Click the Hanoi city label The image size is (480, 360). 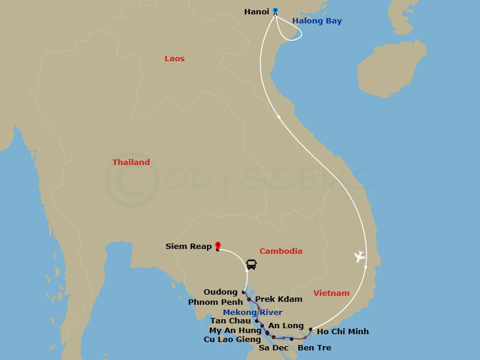click(x=256, y=11)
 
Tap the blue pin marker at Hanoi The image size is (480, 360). click(x=275, y=10)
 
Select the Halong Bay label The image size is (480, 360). click(x=317, y=21)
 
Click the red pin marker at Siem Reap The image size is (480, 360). click(x=217, y=245)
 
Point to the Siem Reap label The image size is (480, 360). click(x=188, y=246)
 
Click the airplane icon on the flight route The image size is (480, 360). click(x=359, y=257)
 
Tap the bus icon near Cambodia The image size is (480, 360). click(x=251, y=264)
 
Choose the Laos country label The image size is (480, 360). click(x=175, y=59)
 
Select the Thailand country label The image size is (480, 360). click(x=131, y=163)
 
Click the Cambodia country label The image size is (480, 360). click(x=281, y=251)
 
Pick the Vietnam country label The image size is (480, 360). click(x=331, y=293)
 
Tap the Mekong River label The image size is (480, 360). click(x=253, y=313)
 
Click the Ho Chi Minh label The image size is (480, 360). click(x=343, y=332)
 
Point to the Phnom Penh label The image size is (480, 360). click(x=215, y=302)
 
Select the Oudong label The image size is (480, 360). click(x=220, y=292)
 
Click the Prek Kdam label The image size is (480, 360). click(x=278, y=299)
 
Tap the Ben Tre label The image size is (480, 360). click(x=314, y=348)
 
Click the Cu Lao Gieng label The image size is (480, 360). click(x=232, y=340)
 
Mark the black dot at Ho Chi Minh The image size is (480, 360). click(x=310, y=329)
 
